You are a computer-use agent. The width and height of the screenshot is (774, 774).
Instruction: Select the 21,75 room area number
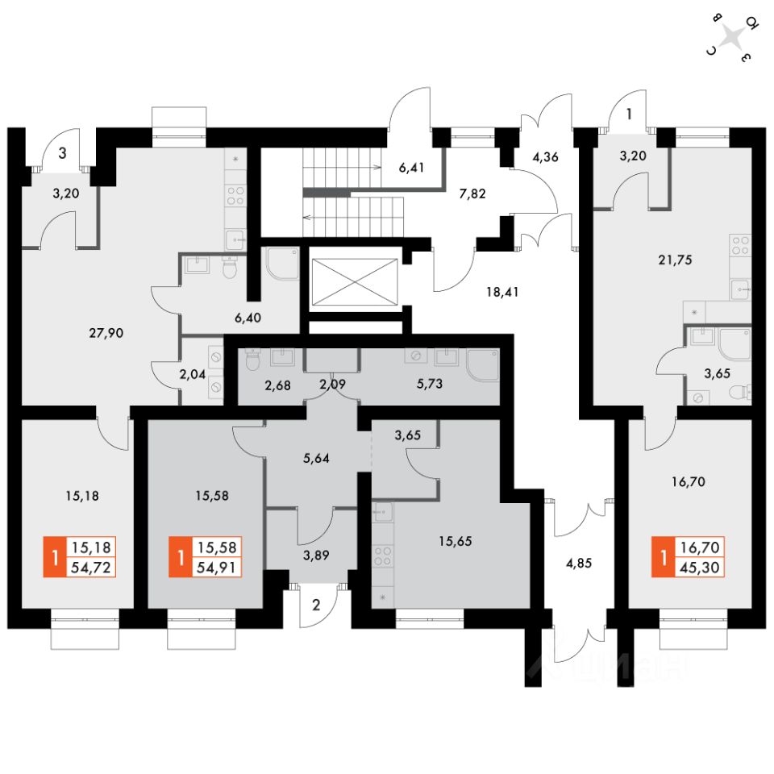[x=675, y=260]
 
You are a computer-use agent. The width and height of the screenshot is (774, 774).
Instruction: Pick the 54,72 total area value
[x=93, y=568]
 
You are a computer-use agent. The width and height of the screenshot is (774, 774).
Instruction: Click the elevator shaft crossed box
[x=354, y=283]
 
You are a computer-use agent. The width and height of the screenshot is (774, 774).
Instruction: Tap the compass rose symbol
[x=732, y=37]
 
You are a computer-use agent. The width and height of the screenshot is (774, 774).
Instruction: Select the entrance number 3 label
[x=61, y=152]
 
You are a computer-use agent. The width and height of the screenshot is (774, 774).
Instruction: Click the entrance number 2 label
[x=316, y=606]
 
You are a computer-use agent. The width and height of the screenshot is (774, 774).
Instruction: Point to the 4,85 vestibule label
[x=579, y=564]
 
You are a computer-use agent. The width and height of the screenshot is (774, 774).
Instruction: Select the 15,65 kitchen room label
[x=455, y=541]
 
